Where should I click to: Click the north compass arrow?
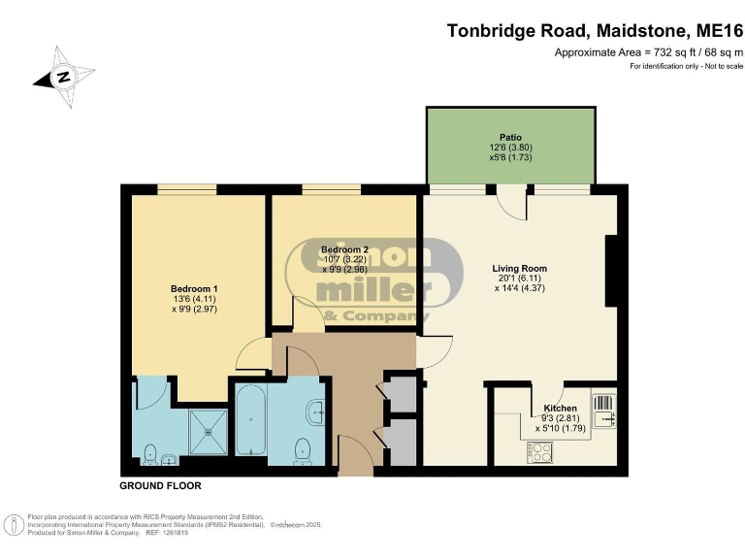pyautogui.click(x=63, y=77)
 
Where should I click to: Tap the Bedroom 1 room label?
pyautogui.click(x=194, y=288)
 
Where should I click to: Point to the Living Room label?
pyautogui.click(x=521, y=268)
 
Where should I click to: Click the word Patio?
pyautogui.click(x=510, y=138)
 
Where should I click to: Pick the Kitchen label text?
pyautogui.click(x=560, y=409)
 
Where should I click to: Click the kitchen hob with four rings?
pyautogui.click(x=540, y=450)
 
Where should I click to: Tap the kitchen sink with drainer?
pyautogui.click(x=604, y=411)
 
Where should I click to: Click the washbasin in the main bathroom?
pyautogui.click(x=317, y=411)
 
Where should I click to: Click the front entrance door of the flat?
pyautogui.click(x=355, y=454)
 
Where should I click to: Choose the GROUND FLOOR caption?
pyautogui.click(x=160, y=485)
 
